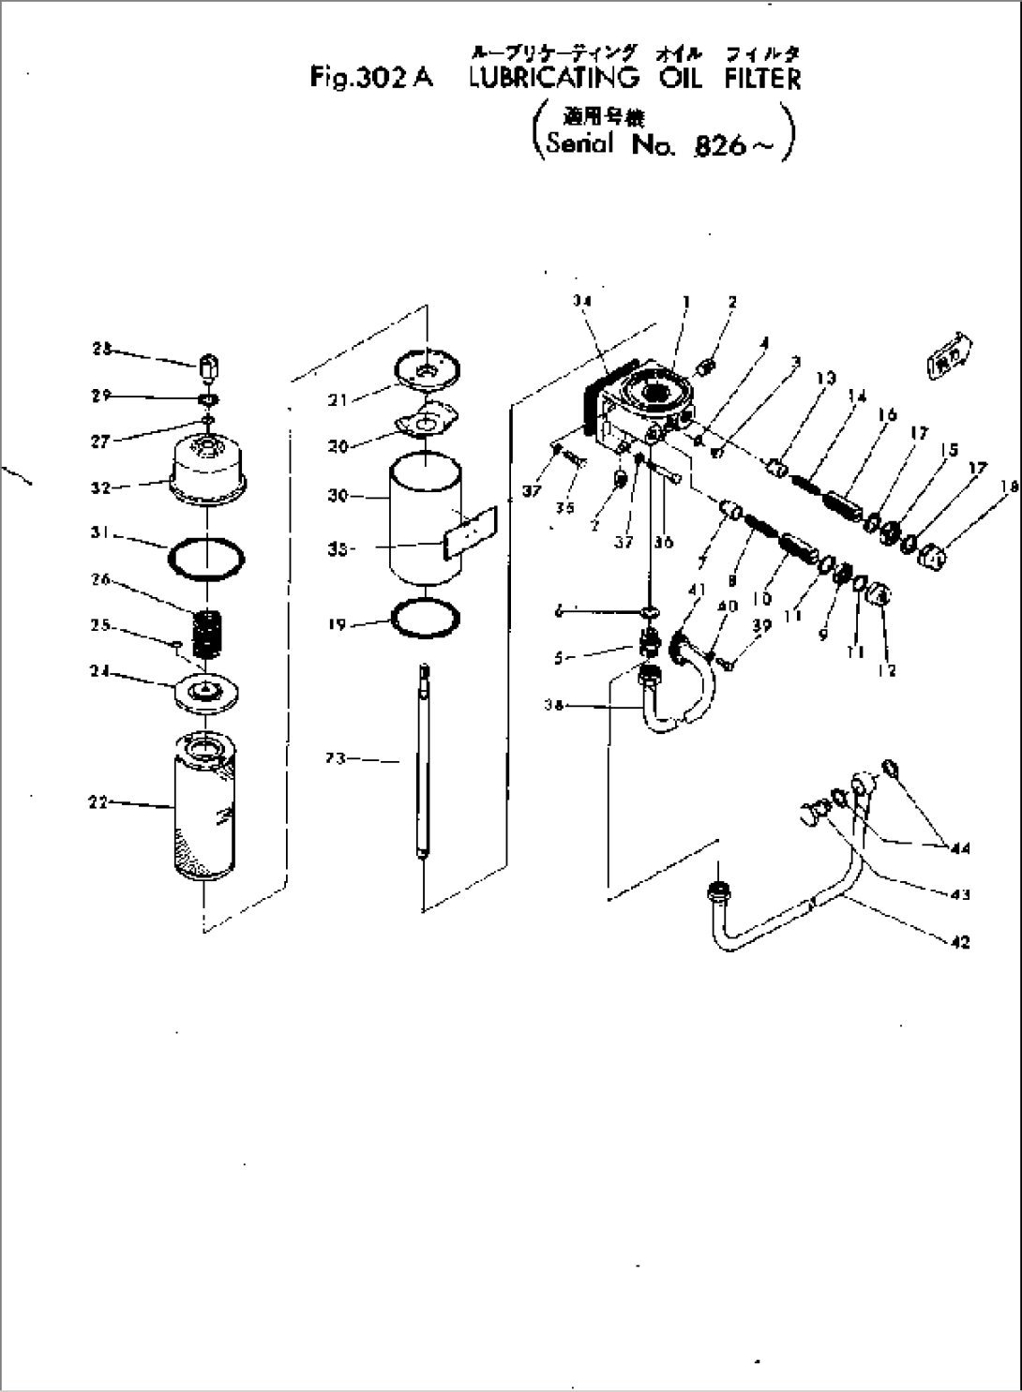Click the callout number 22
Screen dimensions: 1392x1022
coord(97,801)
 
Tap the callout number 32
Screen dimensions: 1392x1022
coord(99,487)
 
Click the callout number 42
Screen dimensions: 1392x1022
coord(959,942)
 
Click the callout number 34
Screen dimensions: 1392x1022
coord(583,301)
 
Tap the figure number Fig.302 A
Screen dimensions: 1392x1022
coord(370,79)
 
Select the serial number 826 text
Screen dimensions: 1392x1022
coord(719,147)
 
